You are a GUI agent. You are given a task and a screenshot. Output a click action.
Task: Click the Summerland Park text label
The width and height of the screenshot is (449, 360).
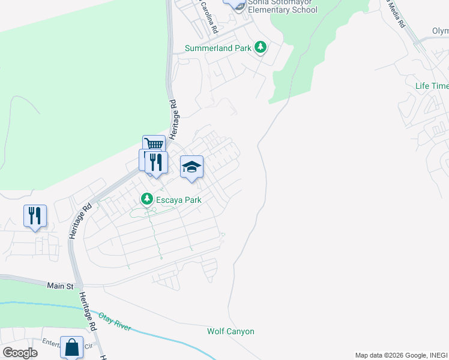[219, 48]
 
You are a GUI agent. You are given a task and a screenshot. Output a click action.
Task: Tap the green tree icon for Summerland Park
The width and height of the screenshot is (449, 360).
[260, 47]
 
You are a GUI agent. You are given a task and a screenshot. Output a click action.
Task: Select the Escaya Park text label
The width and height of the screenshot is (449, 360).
[178, 199]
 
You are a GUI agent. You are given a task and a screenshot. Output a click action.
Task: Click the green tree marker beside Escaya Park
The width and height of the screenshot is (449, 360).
[146, 198]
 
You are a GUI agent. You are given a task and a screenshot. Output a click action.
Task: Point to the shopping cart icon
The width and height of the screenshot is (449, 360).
[154, 145]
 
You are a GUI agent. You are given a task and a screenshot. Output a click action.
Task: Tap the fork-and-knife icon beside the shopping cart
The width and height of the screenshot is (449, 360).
[155, 162]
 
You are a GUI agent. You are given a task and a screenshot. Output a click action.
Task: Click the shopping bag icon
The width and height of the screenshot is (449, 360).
[71, 348]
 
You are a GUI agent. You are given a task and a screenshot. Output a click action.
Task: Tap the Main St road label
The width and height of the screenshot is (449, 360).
[60, 287]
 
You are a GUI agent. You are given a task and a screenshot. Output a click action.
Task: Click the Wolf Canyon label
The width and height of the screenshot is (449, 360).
[231, 331]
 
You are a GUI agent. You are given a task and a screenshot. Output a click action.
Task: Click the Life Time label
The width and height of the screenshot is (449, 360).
[432, 86]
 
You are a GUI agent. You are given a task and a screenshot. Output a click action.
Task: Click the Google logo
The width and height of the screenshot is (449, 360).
[20, 353]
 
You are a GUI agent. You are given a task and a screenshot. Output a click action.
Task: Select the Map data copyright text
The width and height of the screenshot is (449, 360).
[401, 355]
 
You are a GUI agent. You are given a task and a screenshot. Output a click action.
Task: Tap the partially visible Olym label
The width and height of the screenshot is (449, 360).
[440, 31]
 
